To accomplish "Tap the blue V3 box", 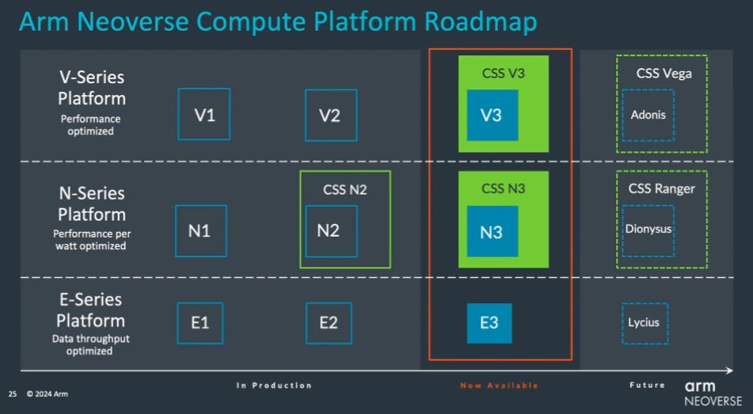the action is tap(492, 115).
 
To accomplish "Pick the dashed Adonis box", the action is tap(622, 116).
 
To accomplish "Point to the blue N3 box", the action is tap(492, 231).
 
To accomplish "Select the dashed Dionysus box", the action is tap(622, 231).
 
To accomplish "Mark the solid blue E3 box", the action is tap(489, 323).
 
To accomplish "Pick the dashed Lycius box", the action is tap(622, 323).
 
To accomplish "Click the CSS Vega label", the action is tap(664, 74).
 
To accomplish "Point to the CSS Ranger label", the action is tap(662, 188).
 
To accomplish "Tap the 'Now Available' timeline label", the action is tap(500, 386).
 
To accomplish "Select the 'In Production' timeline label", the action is tap(274, 386).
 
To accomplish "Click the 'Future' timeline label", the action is tap(648, 385).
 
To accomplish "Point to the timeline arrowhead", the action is tap(730, 370).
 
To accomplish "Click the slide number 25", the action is tap(13, 394).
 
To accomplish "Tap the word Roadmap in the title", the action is tap(481, 23).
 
